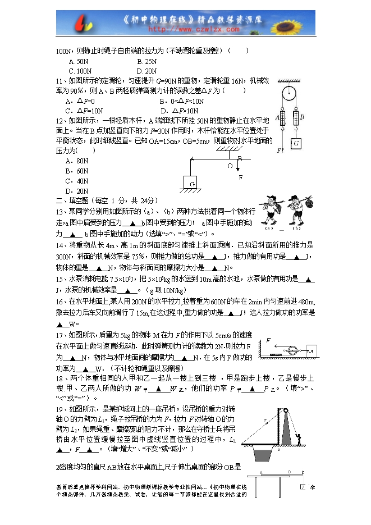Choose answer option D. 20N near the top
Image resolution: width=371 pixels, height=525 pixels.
[146, 71]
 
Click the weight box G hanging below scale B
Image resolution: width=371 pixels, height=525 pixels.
[296, 144]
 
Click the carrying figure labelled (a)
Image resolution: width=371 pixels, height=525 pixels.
[268, 212]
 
